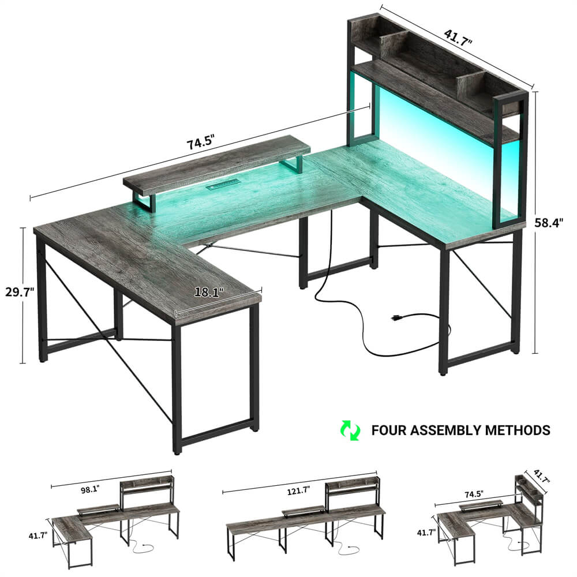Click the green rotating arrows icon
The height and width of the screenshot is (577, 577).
coord(350,430)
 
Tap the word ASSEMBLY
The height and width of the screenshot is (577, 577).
coord(447,430)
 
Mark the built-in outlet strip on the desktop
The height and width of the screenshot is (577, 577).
coord(221,188)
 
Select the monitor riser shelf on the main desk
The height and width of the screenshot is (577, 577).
coord(216,164)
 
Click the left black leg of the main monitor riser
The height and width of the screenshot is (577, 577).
coord(144,203)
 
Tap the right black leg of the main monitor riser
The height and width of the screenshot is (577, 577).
coord(293,163)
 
